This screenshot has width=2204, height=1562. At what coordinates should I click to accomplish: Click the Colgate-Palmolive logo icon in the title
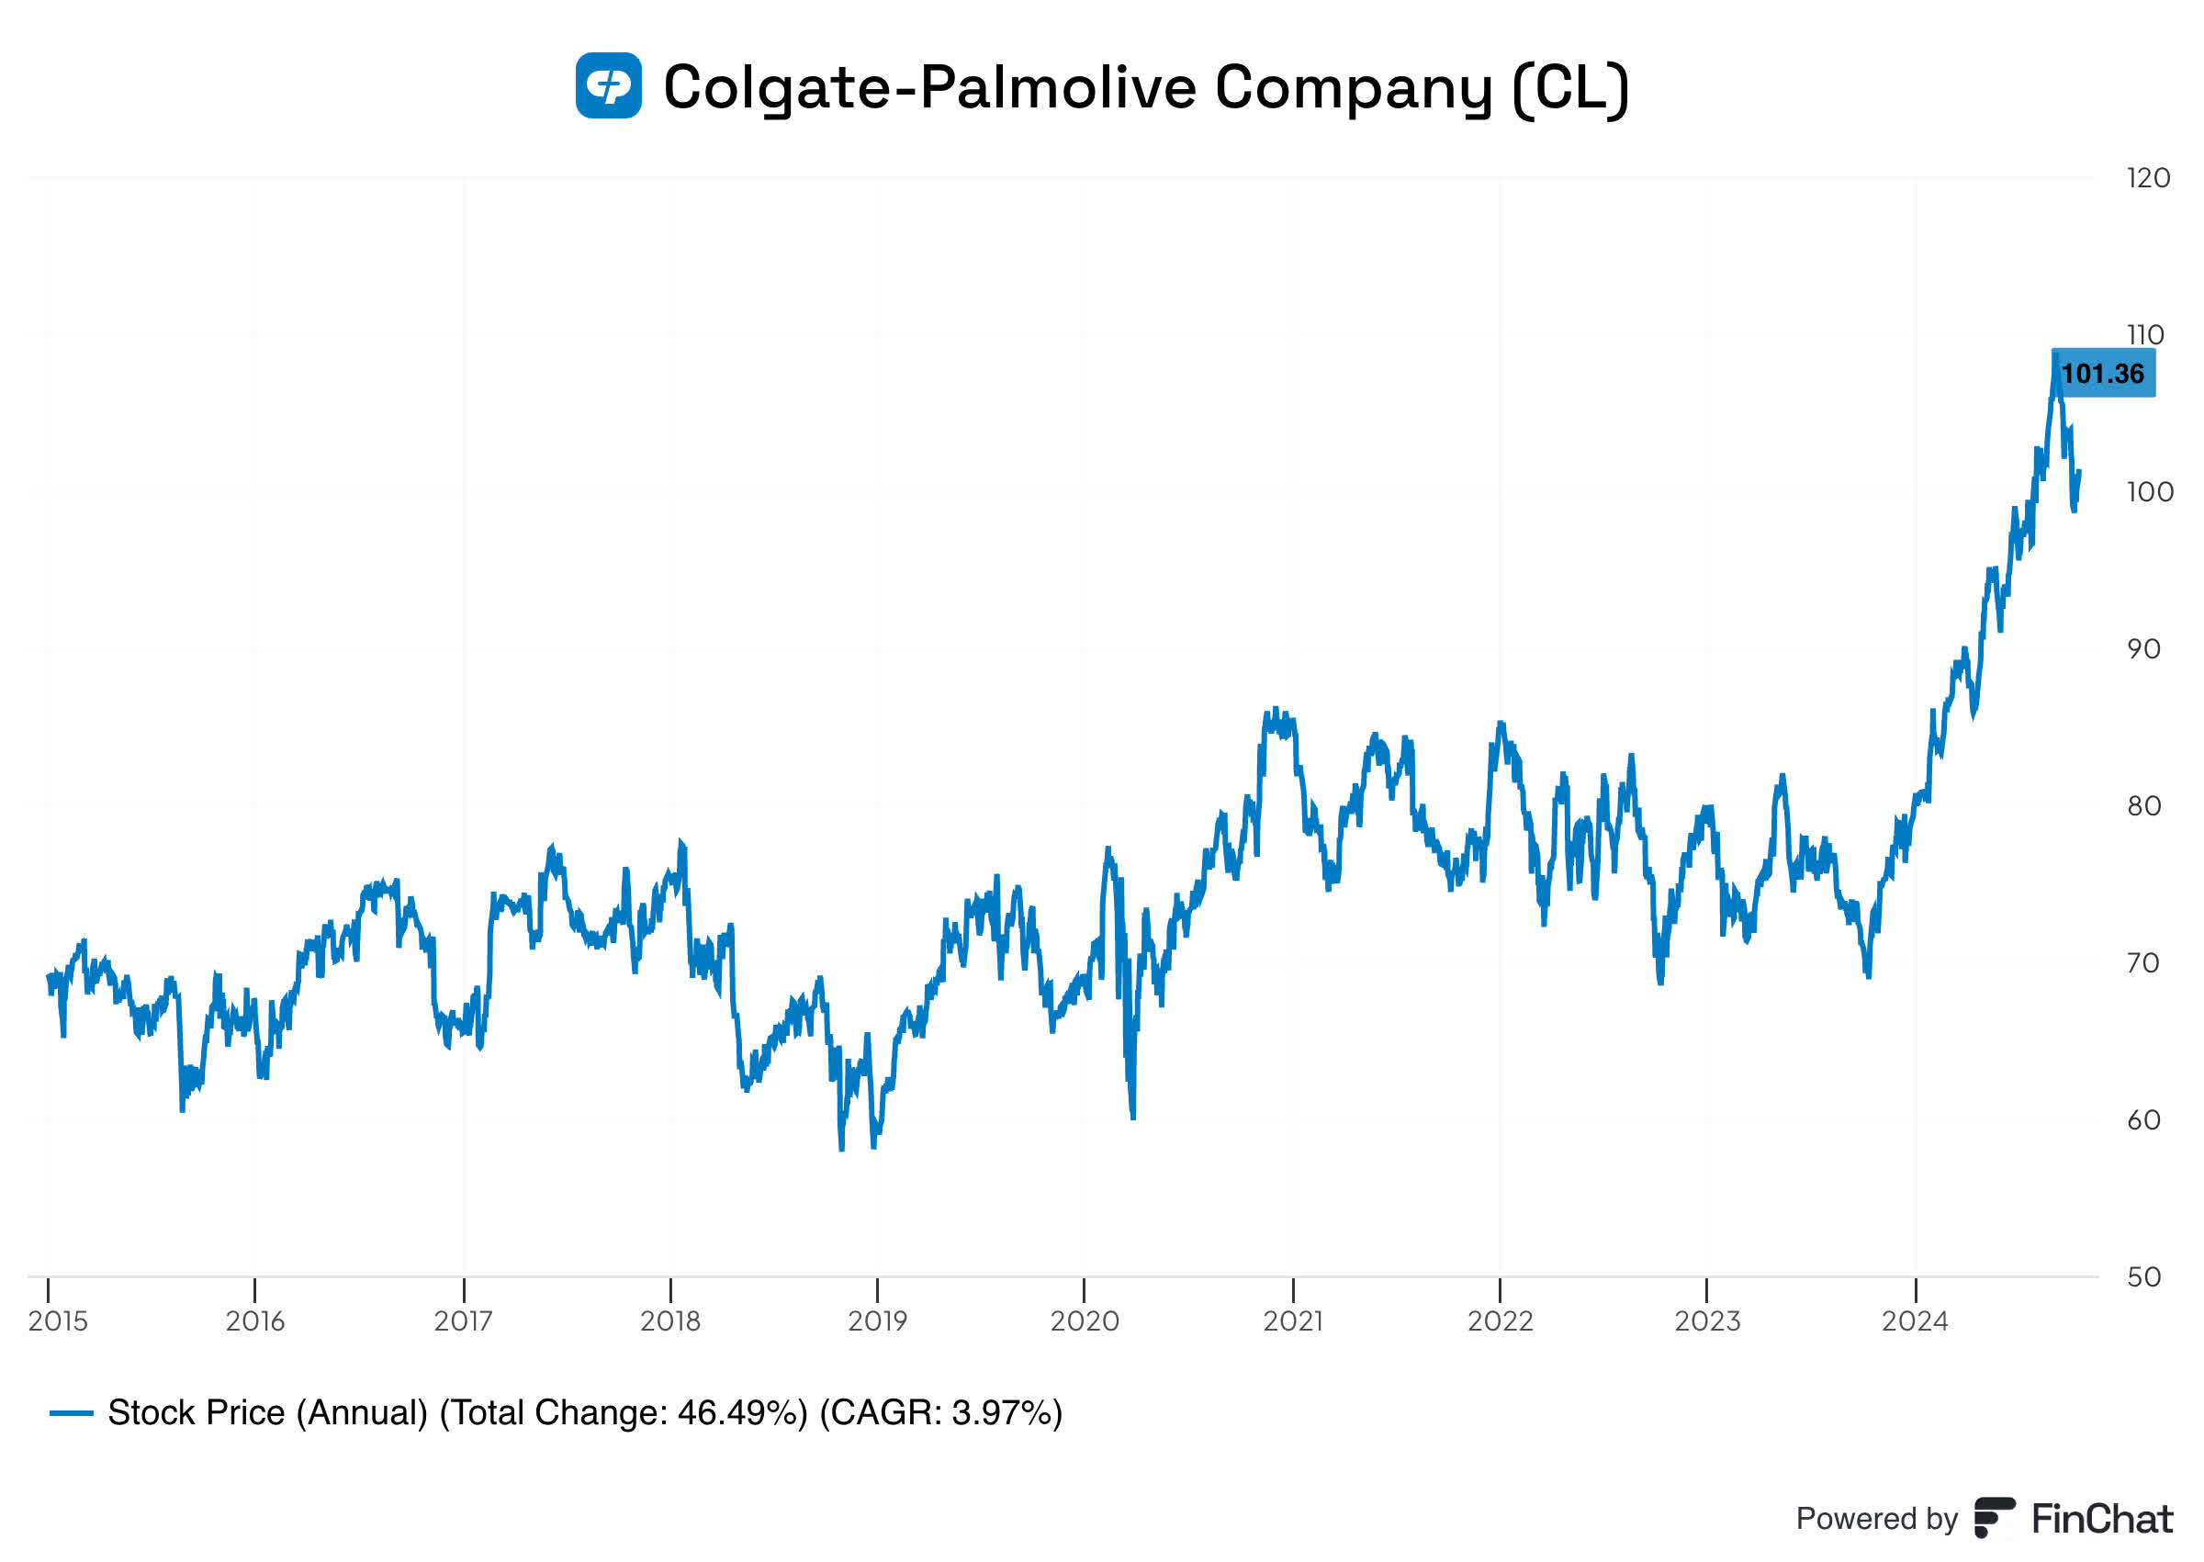(x=608, y=85)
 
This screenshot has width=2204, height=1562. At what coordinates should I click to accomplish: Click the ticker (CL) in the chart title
(x=1570, y=87)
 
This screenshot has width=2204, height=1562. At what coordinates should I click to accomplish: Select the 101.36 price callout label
(x=2102, y=373)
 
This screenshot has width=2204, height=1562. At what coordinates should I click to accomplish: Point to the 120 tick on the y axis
(x=2148, y=178)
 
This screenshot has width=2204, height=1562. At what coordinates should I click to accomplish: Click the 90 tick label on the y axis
(x=2143, y=649)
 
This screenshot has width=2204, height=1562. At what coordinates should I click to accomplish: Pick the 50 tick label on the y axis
(x=2143, y=1277)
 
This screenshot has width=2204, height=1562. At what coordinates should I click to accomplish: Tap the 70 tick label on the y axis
(x=2143, y=962)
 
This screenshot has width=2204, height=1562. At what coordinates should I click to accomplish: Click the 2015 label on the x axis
(x=58, y=1321)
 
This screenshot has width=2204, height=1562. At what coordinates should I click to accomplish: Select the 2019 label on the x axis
(x=877, y=1321)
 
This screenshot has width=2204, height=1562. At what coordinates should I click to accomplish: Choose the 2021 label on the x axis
(x=1292, y=1321)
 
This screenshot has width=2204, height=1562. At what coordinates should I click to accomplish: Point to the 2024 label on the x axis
(x=1915, y=1321)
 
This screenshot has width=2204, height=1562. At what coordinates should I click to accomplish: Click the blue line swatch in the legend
(x=71, y=1413)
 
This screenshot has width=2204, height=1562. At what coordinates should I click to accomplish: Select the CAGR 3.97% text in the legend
(x=941, y=1413)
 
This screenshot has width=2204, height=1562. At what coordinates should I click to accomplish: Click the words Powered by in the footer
(x=1876, y=1519)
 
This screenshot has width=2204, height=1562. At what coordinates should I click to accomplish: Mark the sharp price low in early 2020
(x=1133, y=1117)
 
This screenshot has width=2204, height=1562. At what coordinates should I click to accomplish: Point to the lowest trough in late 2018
(x=841, y=1149)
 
